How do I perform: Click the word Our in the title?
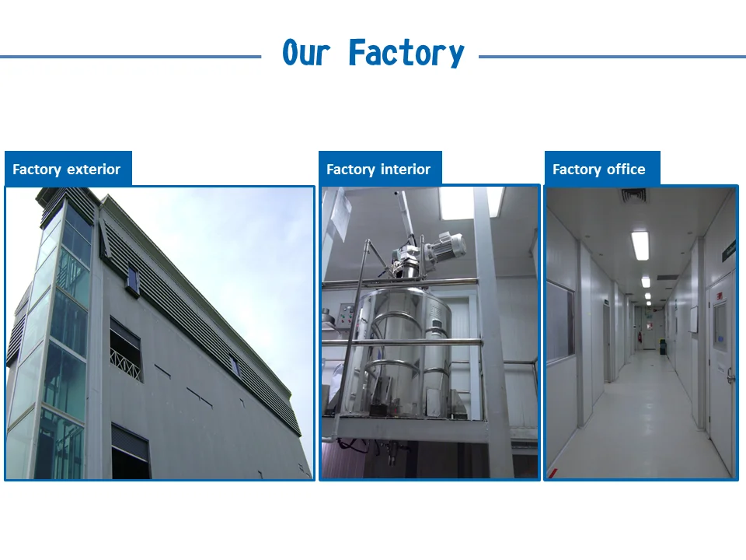click(x=306, y=52)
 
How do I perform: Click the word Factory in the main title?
click(x=406, y=54)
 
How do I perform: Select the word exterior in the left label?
click(x=94, y=169)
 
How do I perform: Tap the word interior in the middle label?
click(x=406, y=169)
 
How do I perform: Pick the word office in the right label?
click(x=626, y=169)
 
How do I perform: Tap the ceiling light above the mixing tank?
click(x=471, y=203)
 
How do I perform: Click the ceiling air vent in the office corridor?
click(x=634, y=195)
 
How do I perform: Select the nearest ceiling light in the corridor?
click(x=640, y=245)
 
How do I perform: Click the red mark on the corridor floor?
click(x=553, y=474)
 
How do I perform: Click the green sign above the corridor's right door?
click(x=728, y=252)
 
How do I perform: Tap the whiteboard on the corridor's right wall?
click(x=693, y=320)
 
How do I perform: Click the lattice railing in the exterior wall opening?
click(x=126, y=364)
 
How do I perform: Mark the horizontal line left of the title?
click(x=131, y=57)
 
